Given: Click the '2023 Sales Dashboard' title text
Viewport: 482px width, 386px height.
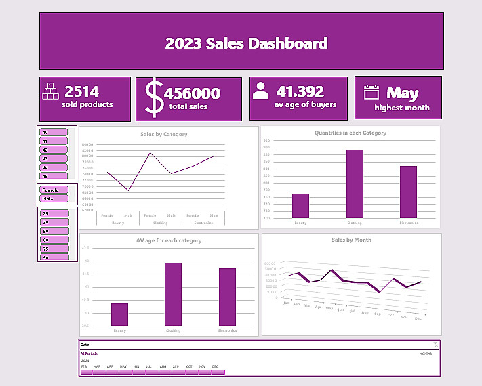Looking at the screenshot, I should (x=246, y=43).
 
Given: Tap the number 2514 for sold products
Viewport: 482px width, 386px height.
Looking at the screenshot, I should (x=81, y=91).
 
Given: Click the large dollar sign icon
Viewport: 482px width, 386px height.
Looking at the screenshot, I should (x=155, y=98).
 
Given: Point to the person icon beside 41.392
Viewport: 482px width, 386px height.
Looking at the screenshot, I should (x=260, y=91).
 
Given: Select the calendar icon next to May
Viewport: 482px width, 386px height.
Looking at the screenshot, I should (x=371, y=92).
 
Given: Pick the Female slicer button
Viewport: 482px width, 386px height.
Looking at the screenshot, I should (x=54, y=190).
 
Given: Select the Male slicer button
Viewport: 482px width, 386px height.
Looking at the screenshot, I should (x=54, y=199).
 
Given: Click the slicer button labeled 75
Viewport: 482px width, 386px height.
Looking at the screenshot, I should (x=54, y=249).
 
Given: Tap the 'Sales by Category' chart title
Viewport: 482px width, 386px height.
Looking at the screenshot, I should (x=164, y=134).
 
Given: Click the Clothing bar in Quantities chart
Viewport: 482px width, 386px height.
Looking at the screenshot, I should (x=355, y=184).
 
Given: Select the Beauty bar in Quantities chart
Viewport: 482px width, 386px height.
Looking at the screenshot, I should (x=300, y=206).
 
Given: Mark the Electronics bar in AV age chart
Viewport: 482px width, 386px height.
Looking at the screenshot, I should (x=227, y=297).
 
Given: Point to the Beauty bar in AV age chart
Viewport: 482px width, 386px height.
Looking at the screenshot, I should (x=119, y=314).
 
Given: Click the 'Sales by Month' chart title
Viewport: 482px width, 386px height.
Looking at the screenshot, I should (x=351, y=240).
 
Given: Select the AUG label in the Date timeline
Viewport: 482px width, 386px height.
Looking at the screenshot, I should (x=163, y=366).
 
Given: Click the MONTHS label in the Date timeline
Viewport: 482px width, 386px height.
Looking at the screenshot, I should (x=426, y=353).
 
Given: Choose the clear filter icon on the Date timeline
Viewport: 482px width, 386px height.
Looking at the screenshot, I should (x=435, y=345).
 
